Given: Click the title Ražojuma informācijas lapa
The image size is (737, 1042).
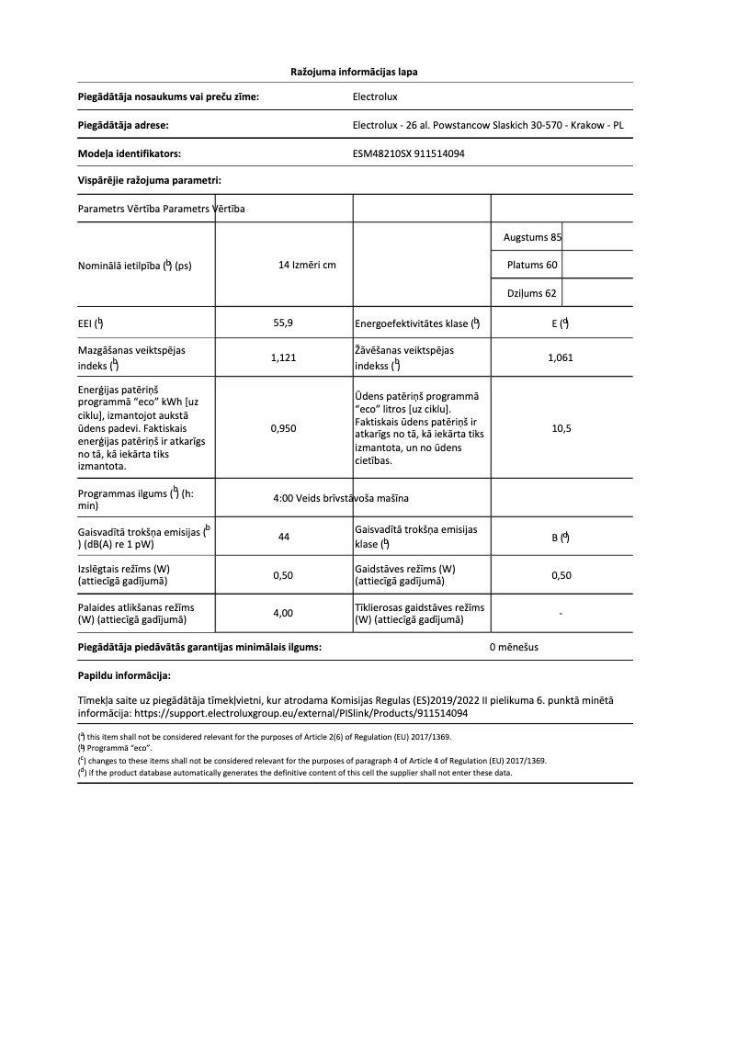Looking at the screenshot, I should pos(355,71).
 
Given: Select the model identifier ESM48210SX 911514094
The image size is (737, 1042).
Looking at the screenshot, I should pos(408,153).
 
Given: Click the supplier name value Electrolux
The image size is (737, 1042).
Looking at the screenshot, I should pos(375,95).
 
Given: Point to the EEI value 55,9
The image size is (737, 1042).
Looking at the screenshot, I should pos(283,323).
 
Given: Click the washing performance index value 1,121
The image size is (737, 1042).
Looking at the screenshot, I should pos(283,358).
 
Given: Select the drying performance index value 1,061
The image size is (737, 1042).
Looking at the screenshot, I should pos(560,358).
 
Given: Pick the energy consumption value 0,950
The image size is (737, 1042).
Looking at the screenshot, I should pos(283,428).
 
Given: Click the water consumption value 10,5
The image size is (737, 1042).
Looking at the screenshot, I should pos(561,428).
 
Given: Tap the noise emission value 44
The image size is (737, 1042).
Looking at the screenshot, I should pos(283,537).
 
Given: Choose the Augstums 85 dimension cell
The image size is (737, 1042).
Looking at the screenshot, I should pos(532,237).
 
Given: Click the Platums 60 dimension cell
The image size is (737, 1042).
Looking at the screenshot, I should pos(532,266).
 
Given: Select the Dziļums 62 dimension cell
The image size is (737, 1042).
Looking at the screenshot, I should pos(532,293).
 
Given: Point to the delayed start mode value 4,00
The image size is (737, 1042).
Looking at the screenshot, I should pos(283,613).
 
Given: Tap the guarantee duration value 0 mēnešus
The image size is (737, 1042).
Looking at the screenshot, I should pos(514,647).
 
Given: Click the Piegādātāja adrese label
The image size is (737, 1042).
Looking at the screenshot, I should pos(123,124).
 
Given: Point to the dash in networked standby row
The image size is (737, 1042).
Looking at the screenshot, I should pos(561,613).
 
